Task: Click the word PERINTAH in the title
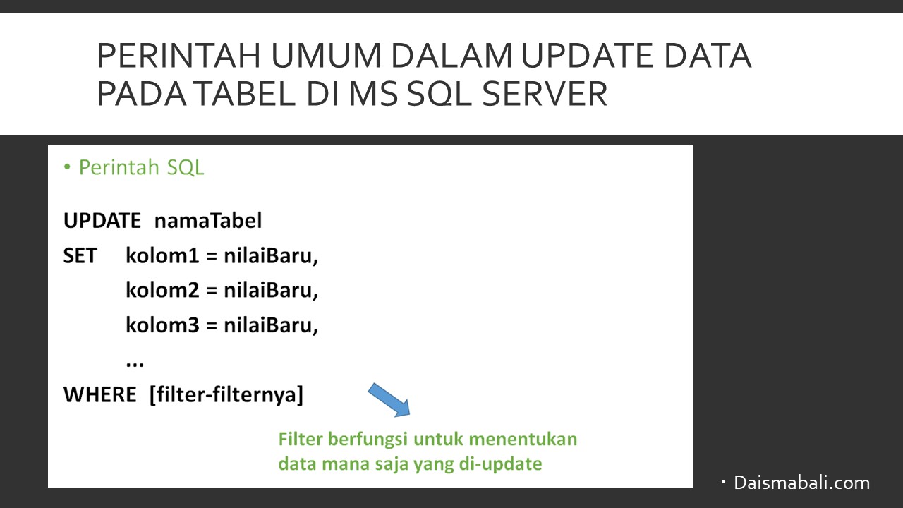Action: pyautogui.click(x=179, y=55)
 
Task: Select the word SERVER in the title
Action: pyautogui.click(x=545, y=94)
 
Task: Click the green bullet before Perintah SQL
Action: pyautogui.click(x=67, y=167)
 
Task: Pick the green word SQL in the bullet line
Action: pyautogui.click(x=186, y=167)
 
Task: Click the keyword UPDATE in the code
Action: pyautogui.click(x=102, y=221)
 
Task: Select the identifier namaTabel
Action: pyautogui.click(x=208, y=221)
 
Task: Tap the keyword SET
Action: pyautogui.click(x=80, y=255)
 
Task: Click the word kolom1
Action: pyautogui.click(x=162, y=255)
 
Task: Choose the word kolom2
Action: pyautogui.click(x=162, y=290)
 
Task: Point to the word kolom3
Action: pyautogui.click(x=162, y=325)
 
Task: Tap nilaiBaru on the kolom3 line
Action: pyautogui.click(x=271, y=325)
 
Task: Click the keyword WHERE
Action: pyautogui.click(x=99, y=394)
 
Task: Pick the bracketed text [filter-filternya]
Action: pyautogui.click(x=226, y=394)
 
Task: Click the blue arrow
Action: pyautogui.click(x=389, y=400)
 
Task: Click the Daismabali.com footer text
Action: pyautogui.click(x=802, y=483)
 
